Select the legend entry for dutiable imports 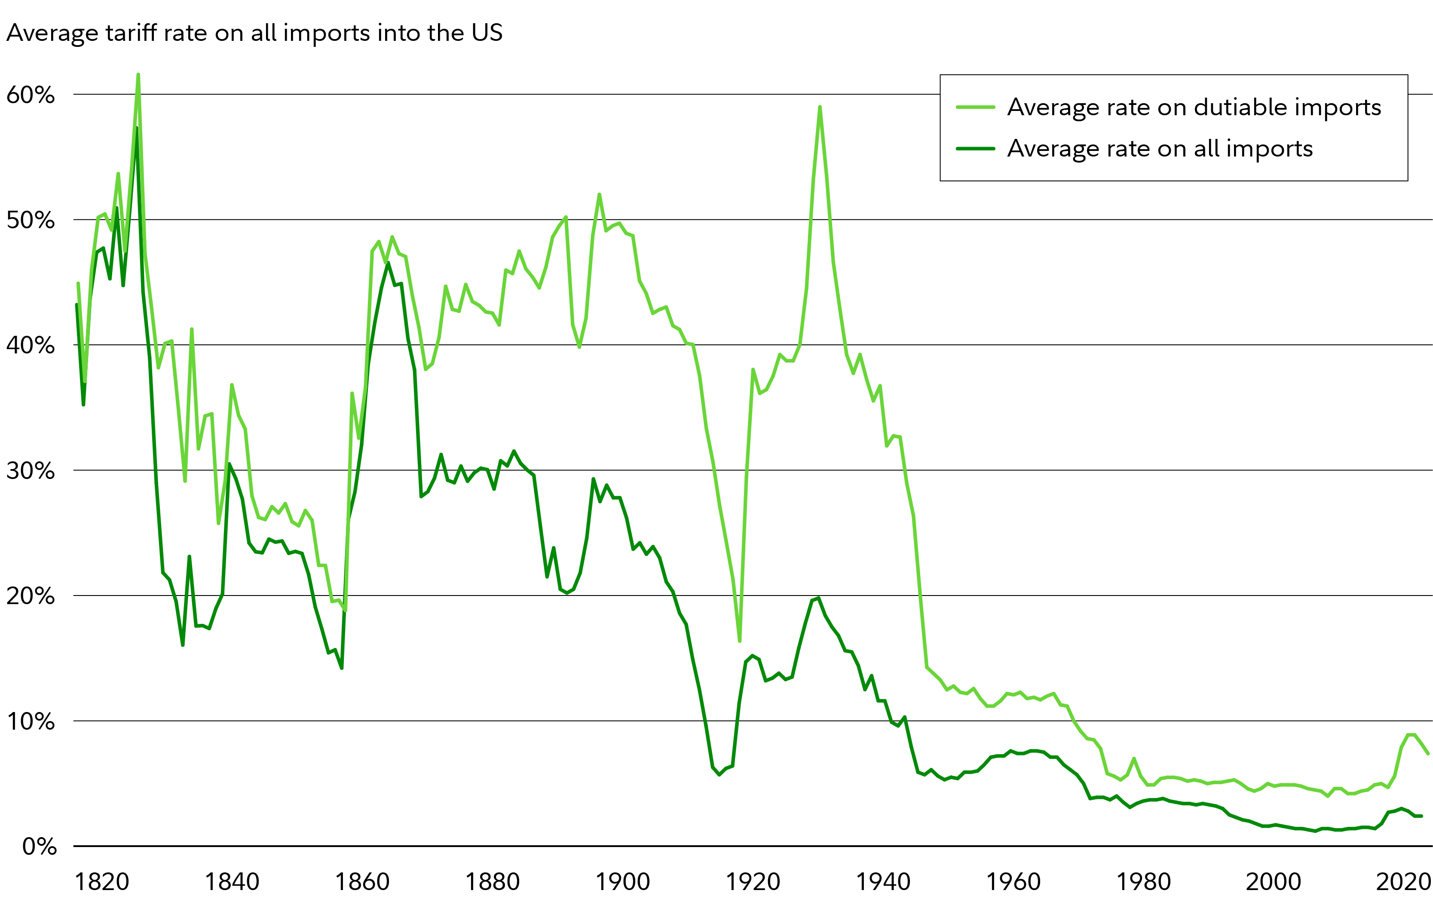1194,107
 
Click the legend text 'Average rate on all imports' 1160,148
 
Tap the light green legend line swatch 975,107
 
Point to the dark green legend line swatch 975,148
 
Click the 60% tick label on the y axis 31,95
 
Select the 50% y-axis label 31,220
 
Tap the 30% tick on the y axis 31,471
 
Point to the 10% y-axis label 31,722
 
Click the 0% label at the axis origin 39,847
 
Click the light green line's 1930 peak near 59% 820,107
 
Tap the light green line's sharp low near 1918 739,641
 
